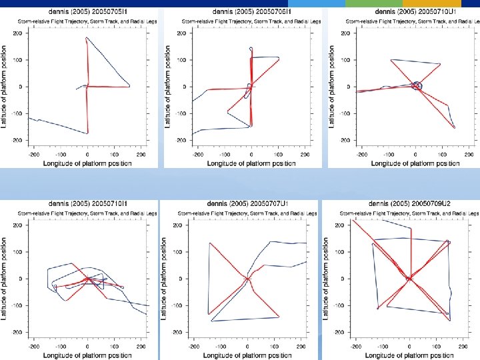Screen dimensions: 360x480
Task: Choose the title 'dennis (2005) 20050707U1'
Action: click(x=246, y=203)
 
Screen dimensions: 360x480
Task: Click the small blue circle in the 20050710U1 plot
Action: click(x=417, y=86)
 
